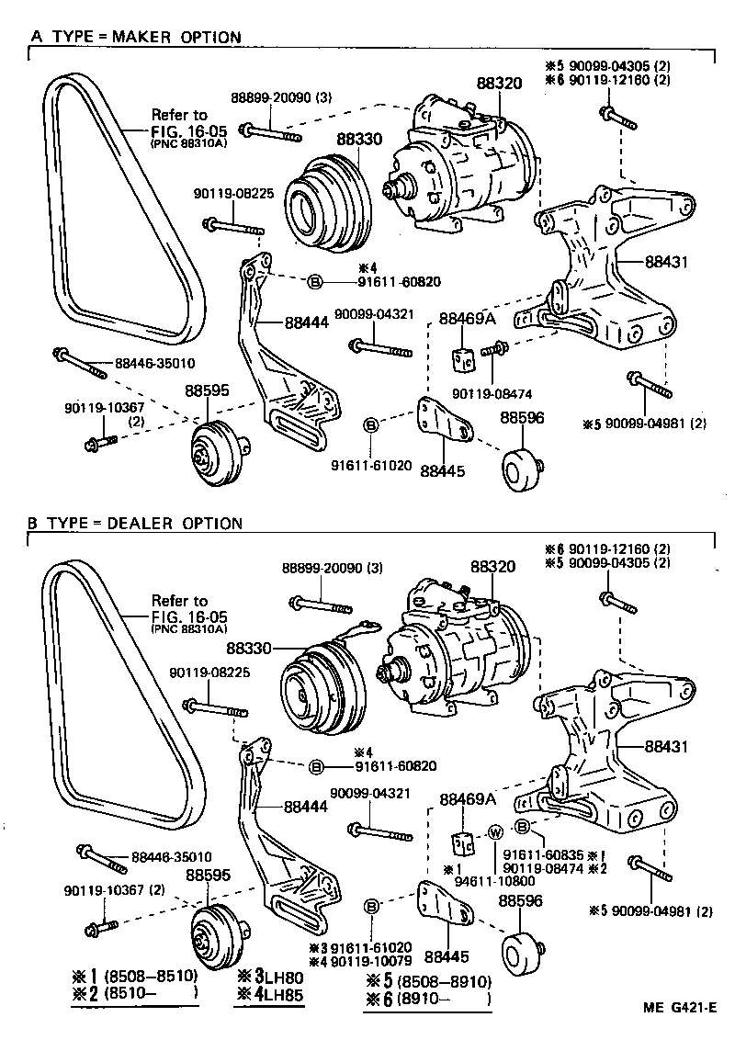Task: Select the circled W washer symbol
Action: (x=493, y=832)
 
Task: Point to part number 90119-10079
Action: (x=367, y=961)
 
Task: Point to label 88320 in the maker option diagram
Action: (x=499, y=83)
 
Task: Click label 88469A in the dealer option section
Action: (x=467, y=799)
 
